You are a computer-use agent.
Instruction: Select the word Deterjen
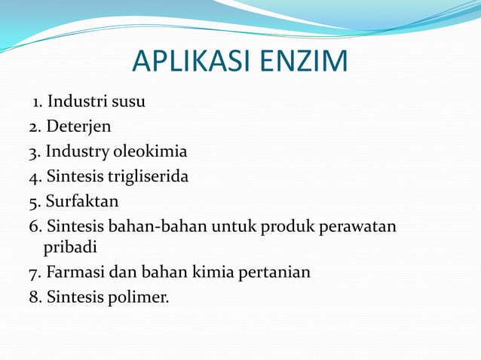click(x=78, y=127)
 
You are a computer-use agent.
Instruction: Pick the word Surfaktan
click(x=82, y=202)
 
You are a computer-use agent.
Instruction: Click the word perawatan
click(x=357, y=227)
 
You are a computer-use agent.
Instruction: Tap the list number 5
click(x=34, y=203)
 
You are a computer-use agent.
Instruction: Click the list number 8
click(x=34, y=297)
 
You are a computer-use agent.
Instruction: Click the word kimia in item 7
click(x=214, y=272)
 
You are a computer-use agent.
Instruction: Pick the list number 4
click(x=34, y=178)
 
